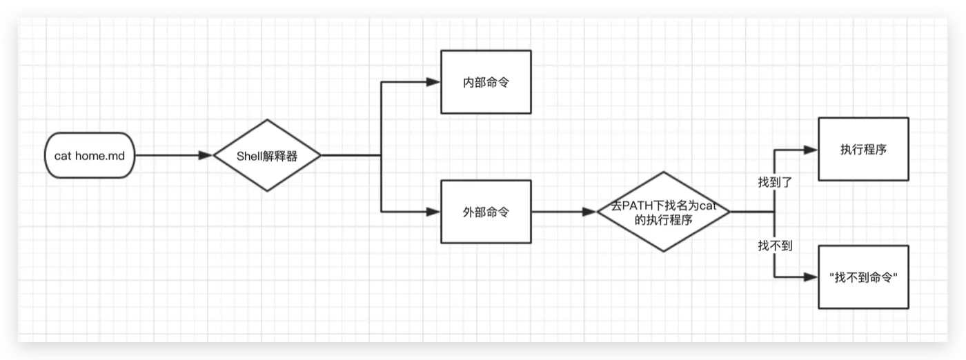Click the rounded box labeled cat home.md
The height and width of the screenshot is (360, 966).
pyautogui.click(x=90, y=156)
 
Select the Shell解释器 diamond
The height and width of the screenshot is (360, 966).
pyautogui.click(x=267, y=156)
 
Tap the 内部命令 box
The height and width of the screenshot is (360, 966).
pyautogui.click(x=486, y=81)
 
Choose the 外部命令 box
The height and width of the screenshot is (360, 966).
pyautogui.click(x=486, y=212)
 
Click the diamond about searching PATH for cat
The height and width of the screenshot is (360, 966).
pyautogui.click(x=663, y=212)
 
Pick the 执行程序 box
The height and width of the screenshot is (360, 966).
pyautogui.click(x=863, y=149)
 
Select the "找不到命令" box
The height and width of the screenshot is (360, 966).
pyautogui.click(x=863, y=277)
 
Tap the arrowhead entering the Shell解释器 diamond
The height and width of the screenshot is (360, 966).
pyautogui.click(x=206, y=156)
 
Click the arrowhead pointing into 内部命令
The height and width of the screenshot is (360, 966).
pyautogui.click(x=433, y=81)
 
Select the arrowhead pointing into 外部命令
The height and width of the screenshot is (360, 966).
pyautogui.click(x=433, y=212)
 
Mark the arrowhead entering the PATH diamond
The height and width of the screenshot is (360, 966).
pyautogui.click(x=589, y=212)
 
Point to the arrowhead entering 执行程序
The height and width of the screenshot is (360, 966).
pyautogui.click(x=811, y=149)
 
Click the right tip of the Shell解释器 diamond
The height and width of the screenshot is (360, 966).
pyautogui.click(x=321, y=156)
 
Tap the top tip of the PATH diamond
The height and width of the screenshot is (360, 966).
pyautogui.click(x=663, y=172)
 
